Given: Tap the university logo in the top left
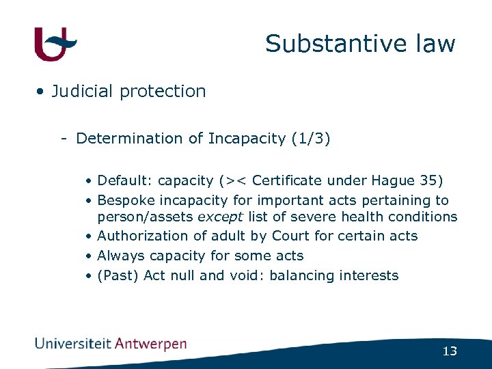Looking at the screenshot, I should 55,44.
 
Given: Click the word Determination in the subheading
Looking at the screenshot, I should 130,139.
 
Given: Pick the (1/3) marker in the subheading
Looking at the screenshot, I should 310,139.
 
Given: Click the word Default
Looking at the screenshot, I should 125,181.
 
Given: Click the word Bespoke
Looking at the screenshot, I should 126,201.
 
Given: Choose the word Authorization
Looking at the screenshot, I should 143,236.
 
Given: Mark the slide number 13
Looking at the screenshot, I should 450,351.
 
